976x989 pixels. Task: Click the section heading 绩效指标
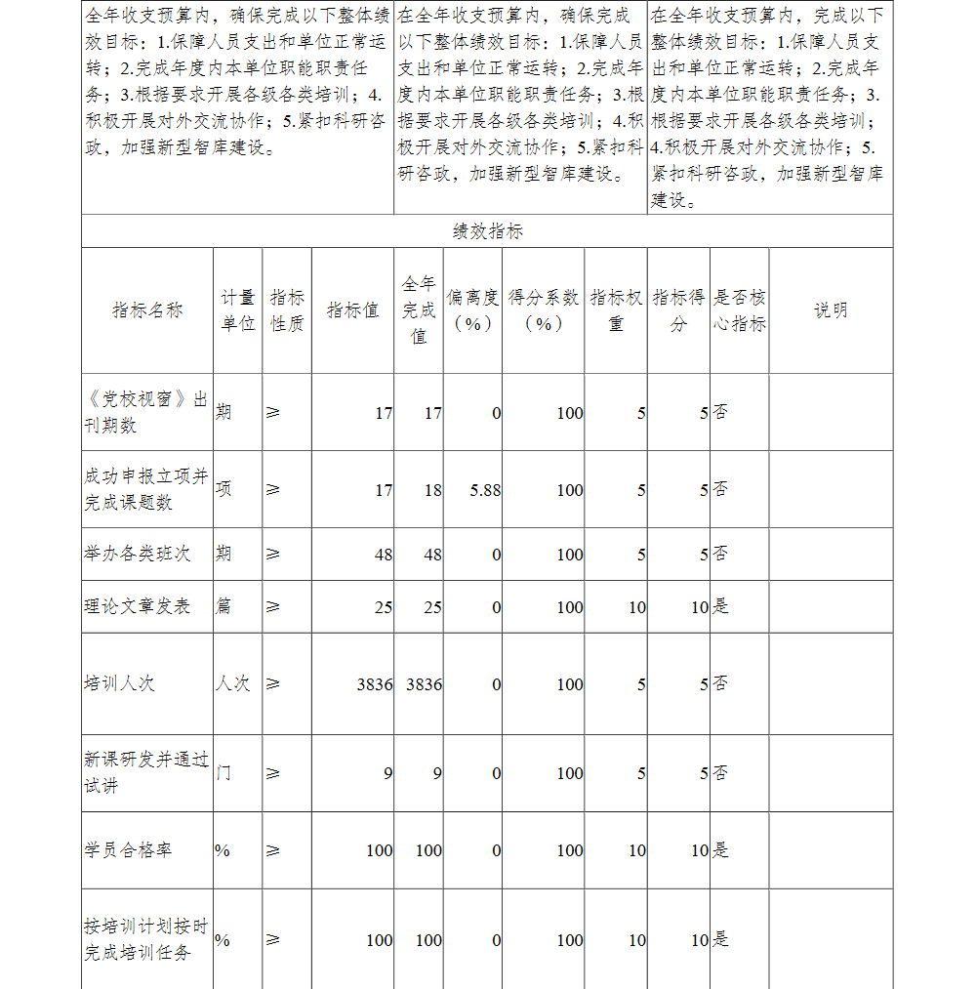[487, 231]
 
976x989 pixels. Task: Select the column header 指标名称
[147, 310]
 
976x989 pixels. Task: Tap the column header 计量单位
[238, 310]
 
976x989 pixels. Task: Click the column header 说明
[831, 310]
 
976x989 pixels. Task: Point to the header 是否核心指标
[739, 310]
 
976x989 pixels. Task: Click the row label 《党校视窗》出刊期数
[146, 413]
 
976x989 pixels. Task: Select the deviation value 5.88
[485, 490]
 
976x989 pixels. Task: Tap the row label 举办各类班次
[138, 554]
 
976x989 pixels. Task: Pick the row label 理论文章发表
[138, 606]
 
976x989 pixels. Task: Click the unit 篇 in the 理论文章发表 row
[224, 606]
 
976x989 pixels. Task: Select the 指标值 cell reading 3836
[375, 684]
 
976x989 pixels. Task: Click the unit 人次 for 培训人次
[233, 683]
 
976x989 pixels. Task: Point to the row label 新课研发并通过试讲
[146, 772]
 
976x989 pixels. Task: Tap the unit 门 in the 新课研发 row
[224, 773]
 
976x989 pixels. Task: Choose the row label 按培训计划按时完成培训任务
[146, 939]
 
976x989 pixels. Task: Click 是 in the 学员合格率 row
[720, 850]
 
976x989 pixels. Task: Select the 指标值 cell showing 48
[383, 555]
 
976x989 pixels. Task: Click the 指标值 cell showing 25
[383, 607]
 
